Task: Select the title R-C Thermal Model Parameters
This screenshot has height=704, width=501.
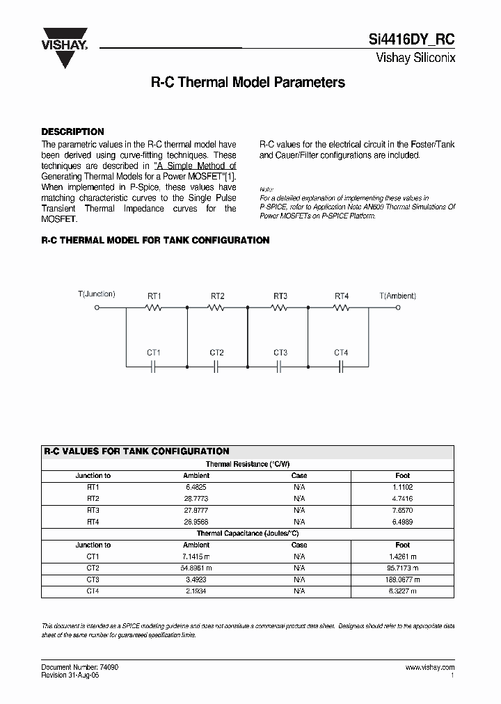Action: [248, 82]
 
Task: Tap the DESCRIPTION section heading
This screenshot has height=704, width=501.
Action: [72, 131]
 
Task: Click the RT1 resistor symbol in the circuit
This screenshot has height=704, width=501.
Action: [154, 307]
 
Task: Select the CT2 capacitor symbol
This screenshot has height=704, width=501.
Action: [216, 365]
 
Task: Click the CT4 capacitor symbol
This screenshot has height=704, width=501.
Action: [341, 365]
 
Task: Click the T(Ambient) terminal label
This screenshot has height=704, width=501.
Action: [398, 295]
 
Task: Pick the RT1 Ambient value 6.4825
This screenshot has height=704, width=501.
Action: [196, 487]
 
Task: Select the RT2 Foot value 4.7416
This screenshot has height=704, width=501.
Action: [402, 499]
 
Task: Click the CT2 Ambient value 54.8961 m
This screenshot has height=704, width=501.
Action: [196, 568]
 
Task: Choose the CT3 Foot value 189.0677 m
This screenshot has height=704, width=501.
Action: [402, 579]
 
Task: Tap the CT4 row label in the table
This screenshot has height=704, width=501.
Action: [93, 591]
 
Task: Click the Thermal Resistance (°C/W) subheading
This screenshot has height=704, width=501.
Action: [248, 464]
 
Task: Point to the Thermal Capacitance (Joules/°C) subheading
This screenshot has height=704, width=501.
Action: [248, 533]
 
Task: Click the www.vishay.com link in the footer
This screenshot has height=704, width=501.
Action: [429, 667]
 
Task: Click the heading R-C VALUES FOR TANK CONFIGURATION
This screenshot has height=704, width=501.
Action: [136, 451]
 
